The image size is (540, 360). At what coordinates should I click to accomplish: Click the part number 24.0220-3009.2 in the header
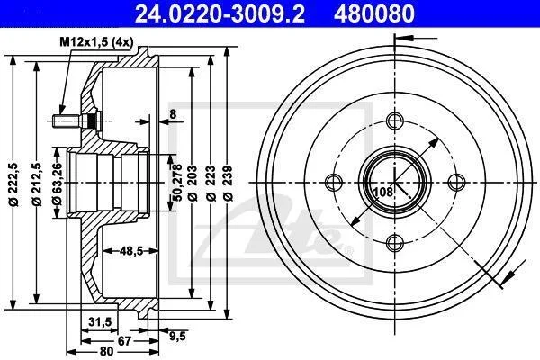[220, 14]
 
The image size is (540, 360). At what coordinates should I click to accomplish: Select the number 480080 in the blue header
[374, 14]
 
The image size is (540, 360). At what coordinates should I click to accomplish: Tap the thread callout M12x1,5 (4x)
[96, 42]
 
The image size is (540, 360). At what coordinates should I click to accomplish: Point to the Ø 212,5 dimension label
[37, 184]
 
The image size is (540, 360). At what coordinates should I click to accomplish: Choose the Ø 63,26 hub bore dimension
[58, 184]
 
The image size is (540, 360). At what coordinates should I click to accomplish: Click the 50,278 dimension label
[177, 183]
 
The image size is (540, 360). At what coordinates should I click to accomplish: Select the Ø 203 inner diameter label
[193, 184]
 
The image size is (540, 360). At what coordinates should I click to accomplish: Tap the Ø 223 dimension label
[211, 184]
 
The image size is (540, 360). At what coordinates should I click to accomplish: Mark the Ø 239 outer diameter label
[228, 184]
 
